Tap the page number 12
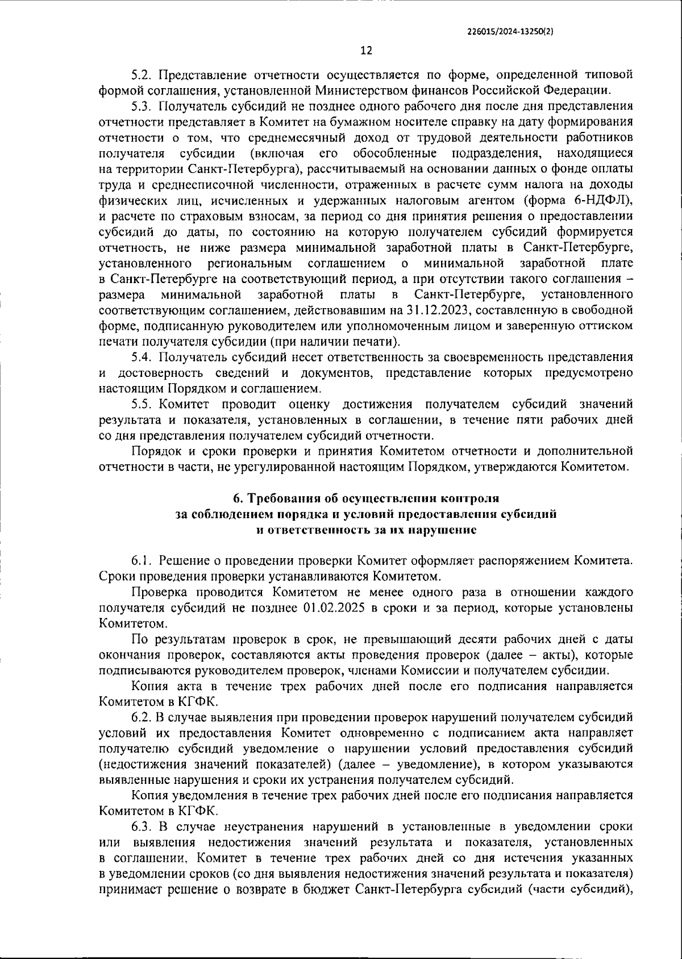366,51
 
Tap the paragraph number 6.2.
141,717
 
